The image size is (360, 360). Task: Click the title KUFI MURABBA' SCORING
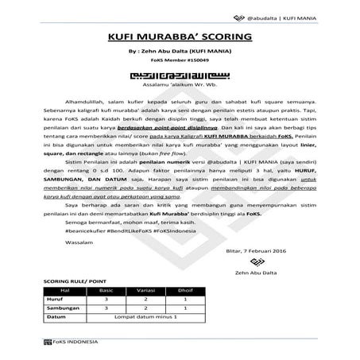click(180, 39)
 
